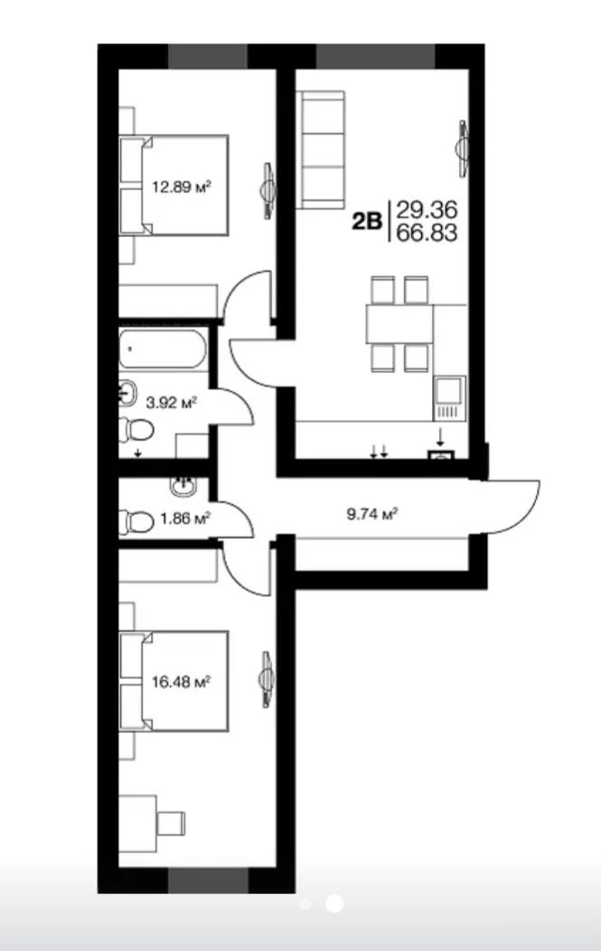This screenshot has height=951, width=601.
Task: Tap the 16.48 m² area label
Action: (x=181, y=682)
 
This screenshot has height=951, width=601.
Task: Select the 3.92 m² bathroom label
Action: (x=172, y=401)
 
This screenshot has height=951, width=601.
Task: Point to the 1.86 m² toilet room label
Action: (x=185, y=518)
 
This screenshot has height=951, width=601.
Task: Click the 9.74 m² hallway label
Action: (x=371, y=514)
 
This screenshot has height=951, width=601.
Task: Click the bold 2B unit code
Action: (x=367, y=221)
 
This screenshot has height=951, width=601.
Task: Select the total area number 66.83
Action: (x=427, y=233)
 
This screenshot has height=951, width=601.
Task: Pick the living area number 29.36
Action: (x=427, y=210)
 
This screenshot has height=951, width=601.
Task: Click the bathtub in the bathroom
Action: (x=162, y=349)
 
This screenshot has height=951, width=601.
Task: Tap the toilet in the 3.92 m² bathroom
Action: (x=136, y=430)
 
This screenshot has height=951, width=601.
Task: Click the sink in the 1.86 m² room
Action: (x=183, y=485)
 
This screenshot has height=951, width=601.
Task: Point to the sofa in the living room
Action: (x=321, y=150)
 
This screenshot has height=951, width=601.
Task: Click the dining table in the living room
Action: (x=399, y=324)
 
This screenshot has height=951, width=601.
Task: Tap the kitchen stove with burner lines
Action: (x=449, y=398)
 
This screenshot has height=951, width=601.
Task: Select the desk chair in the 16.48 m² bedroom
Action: (x=171, y=823)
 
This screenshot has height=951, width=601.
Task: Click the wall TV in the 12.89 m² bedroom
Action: (x=268, y=191)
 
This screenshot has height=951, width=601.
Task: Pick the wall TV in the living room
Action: (x=463, y=149)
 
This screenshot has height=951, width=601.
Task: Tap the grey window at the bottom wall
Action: (x=208, y=881)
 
